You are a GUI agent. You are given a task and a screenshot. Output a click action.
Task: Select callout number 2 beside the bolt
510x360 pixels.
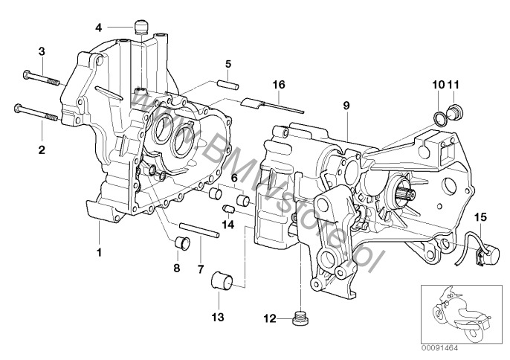42,150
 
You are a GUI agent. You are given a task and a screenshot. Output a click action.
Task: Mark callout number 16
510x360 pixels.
279,86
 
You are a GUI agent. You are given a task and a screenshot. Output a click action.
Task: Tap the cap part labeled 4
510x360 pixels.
139,28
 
